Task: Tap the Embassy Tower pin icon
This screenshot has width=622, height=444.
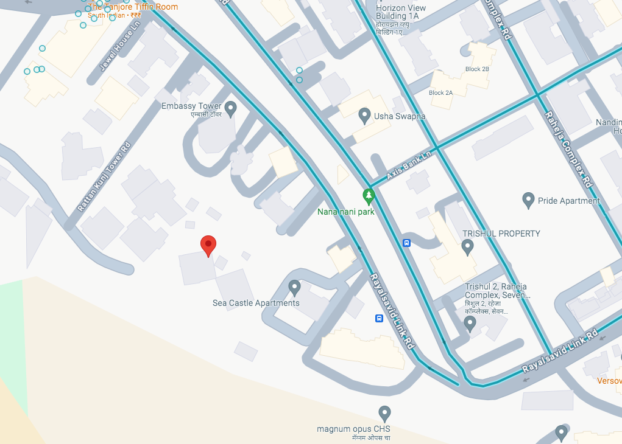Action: (x=230, y=109)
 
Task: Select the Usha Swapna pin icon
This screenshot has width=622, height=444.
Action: (x=364, y=115)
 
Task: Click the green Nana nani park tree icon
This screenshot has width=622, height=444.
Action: (x=368, y=196)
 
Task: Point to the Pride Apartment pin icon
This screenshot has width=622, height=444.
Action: (x=528, y=199)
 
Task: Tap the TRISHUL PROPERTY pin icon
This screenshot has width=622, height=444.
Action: (x=467, y=247)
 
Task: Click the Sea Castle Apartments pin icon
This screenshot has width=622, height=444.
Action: (x=294, y=287)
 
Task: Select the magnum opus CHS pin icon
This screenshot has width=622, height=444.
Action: (x=384, y=414)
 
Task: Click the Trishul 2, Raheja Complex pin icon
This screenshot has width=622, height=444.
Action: (x=470, y=323)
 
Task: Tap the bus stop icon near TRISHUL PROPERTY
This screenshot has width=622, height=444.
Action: (x=406, y=243)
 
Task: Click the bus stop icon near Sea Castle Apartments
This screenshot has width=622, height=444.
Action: (x=379, y=318)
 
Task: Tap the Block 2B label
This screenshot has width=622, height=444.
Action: (x=477, y=69)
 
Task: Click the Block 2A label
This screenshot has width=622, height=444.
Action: (x=440, y=93)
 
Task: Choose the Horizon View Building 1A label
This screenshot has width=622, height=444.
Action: (x=401, y=12)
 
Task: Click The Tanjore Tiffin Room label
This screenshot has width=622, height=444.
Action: (x=133, y=7)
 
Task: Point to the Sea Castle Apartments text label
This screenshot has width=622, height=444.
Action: (x=256, y=303)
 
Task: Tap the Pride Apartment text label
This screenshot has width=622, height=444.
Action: (x=569, y=201)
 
